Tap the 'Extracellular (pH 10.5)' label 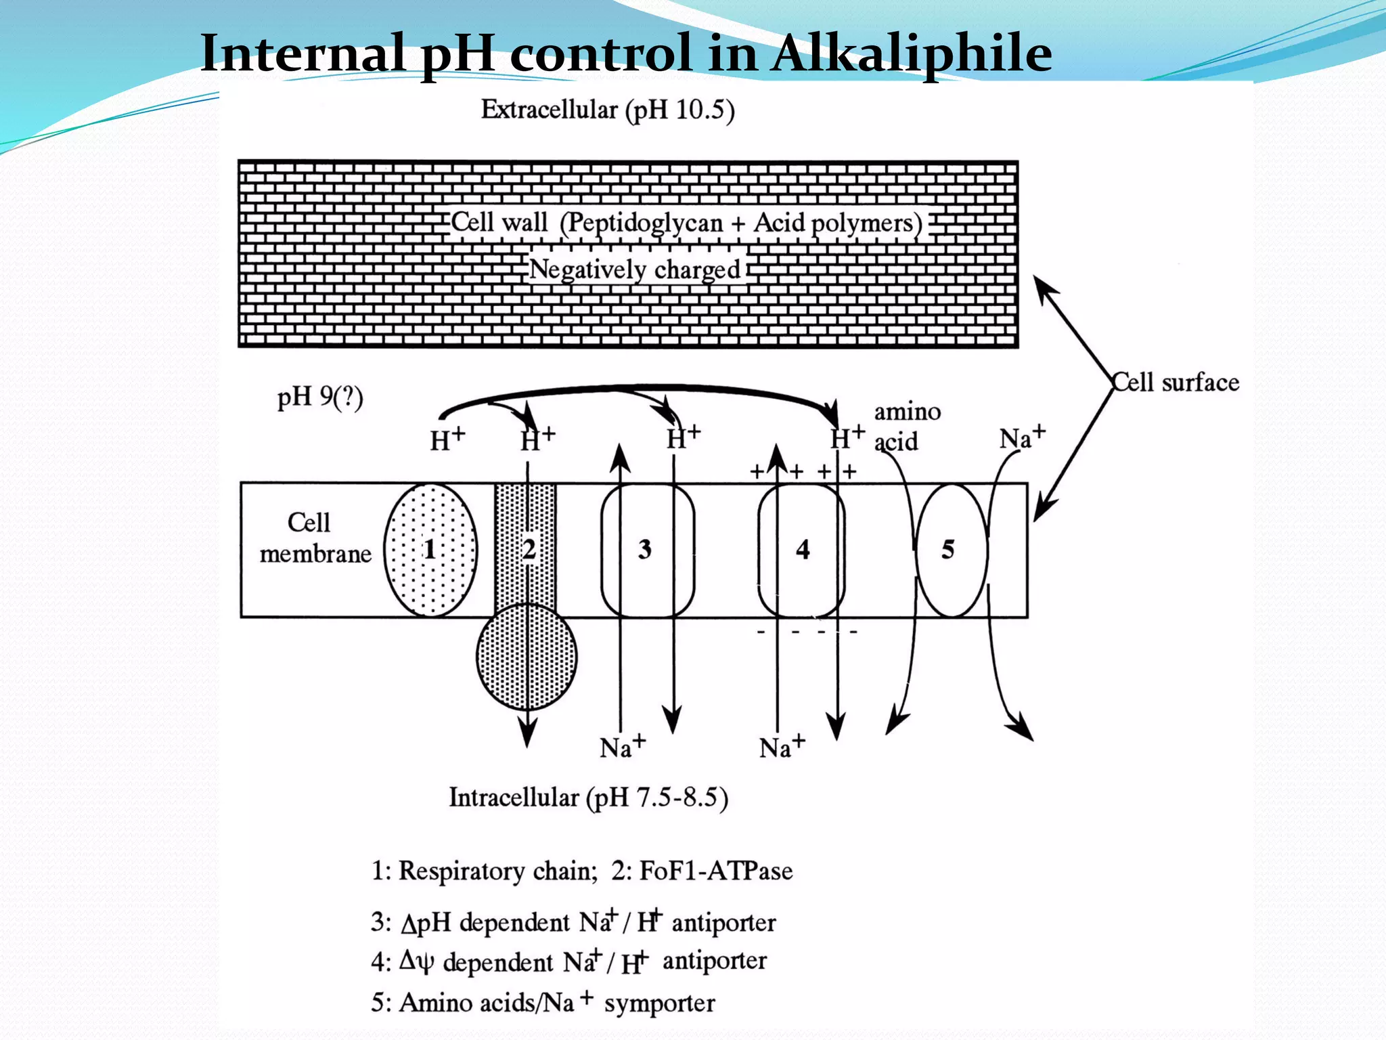[607, 110]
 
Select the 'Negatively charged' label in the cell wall [634, 269]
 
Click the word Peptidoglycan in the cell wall [642, 223]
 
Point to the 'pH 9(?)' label [320, 397]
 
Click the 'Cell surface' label [1176, 383]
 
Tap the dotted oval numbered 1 [430, 549]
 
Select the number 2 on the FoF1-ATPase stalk [529, 548]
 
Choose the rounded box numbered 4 [803, 549]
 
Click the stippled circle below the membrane [527, 655]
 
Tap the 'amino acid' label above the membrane [906, 427]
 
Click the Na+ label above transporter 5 [1022, 437]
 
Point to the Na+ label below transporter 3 [622, 747]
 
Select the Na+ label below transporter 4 [782, 747]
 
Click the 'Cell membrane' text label [315, 538]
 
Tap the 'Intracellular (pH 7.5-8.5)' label [588, 798]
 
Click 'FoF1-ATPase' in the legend [716, 870]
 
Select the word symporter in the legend [659, 1003]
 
